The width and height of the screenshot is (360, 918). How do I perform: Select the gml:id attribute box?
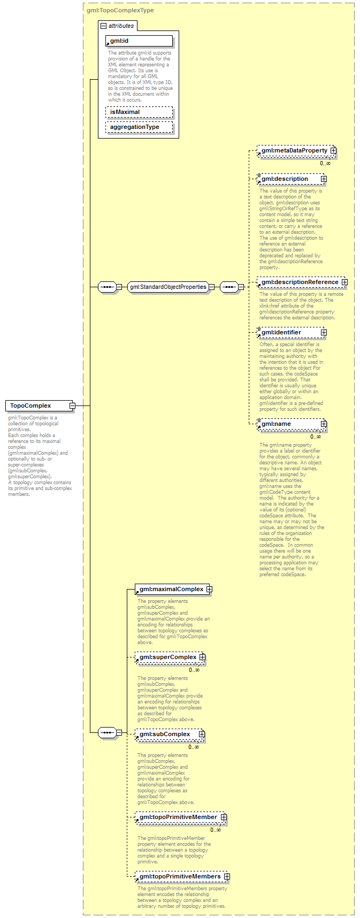(x=139, y=41)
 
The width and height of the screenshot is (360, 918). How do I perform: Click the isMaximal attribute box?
(x=139, y=112)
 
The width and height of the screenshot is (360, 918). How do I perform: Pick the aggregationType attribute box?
(x=139, y=127)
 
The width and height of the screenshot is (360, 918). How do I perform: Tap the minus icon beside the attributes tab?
(x=103, y=26)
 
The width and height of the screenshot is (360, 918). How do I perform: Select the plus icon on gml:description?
(x=324, y=179)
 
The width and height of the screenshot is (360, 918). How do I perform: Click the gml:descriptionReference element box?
(x=300, y=282)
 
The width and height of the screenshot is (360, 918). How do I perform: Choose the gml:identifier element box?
(x=289, y=332)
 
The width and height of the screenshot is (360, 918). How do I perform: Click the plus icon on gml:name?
(x=324, y=424)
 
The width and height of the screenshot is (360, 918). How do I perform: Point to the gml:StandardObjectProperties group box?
(x=168, y=287)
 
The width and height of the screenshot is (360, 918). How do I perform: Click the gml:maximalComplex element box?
(x=171, y=590)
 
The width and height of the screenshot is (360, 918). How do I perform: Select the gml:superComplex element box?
(x=167, y=657)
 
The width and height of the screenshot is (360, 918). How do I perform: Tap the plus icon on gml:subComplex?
(x=202, y=735)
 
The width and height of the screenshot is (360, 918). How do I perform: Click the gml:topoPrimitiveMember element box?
(x=178, y=817)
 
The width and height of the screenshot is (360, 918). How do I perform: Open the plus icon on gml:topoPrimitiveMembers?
(x=227, y=877)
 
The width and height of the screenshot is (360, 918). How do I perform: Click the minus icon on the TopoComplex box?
(x=72, y=406)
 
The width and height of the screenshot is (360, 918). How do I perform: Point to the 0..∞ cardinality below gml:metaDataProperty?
(x=325, y=163)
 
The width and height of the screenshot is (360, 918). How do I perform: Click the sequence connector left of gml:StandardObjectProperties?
(x=107, y=287)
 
